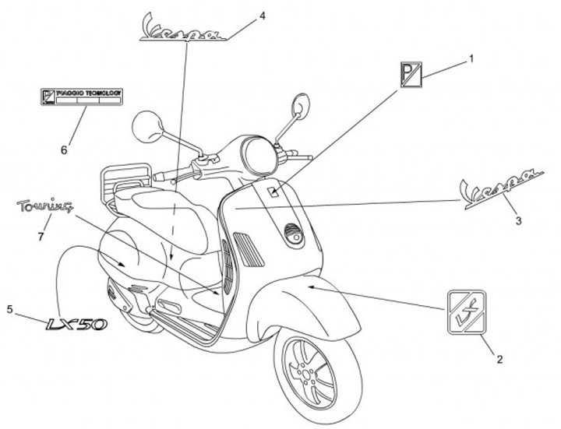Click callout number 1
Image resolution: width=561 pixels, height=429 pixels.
click(x=471, y=57)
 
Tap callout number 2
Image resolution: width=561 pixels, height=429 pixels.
click(x=499, y=359)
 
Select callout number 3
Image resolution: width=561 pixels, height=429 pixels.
click(x=519, y=220)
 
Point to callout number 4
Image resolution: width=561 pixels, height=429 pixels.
click(x=262, y=15)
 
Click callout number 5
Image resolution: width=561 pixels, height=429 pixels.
click(x=10, y=309)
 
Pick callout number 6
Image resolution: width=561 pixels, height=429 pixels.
click(x=64, y=146)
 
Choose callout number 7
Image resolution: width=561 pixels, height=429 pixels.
click(x=40, y=235)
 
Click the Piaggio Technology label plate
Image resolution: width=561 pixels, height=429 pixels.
click(x=82, y=97)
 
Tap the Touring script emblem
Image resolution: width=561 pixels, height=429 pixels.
click(x=46, y=207)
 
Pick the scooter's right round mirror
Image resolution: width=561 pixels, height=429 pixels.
click(x=300, y=104)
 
